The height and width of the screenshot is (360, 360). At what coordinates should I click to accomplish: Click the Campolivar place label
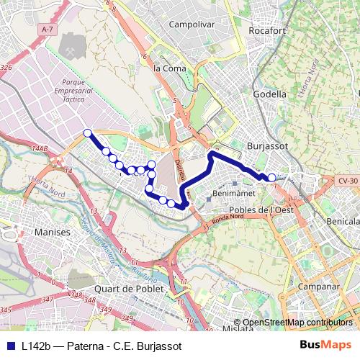click(192, 24)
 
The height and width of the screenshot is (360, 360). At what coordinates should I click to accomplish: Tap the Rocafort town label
click(268, 31)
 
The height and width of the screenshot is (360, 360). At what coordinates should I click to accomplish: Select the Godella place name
click(271, 94)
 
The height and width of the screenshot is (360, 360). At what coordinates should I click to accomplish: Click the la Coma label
click(170, 68)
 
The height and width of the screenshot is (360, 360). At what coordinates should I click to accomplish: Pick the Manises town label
click(53, 233)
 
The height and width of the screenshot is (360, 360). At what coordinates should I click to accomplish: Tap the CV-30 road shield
click(348, 180)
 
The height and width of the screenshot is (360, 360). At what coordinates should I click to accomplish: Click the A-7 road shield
click(48, 29)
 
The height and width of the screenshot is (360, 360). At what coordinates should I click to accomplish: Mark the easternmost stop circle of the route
click(271, 178)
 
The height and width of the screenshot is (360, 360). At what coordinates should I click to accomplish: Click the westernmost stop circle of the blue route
click(88, 132)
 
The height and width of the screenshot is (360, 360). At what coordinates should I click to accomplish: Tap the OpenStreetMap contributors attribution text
click(297, 323)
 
